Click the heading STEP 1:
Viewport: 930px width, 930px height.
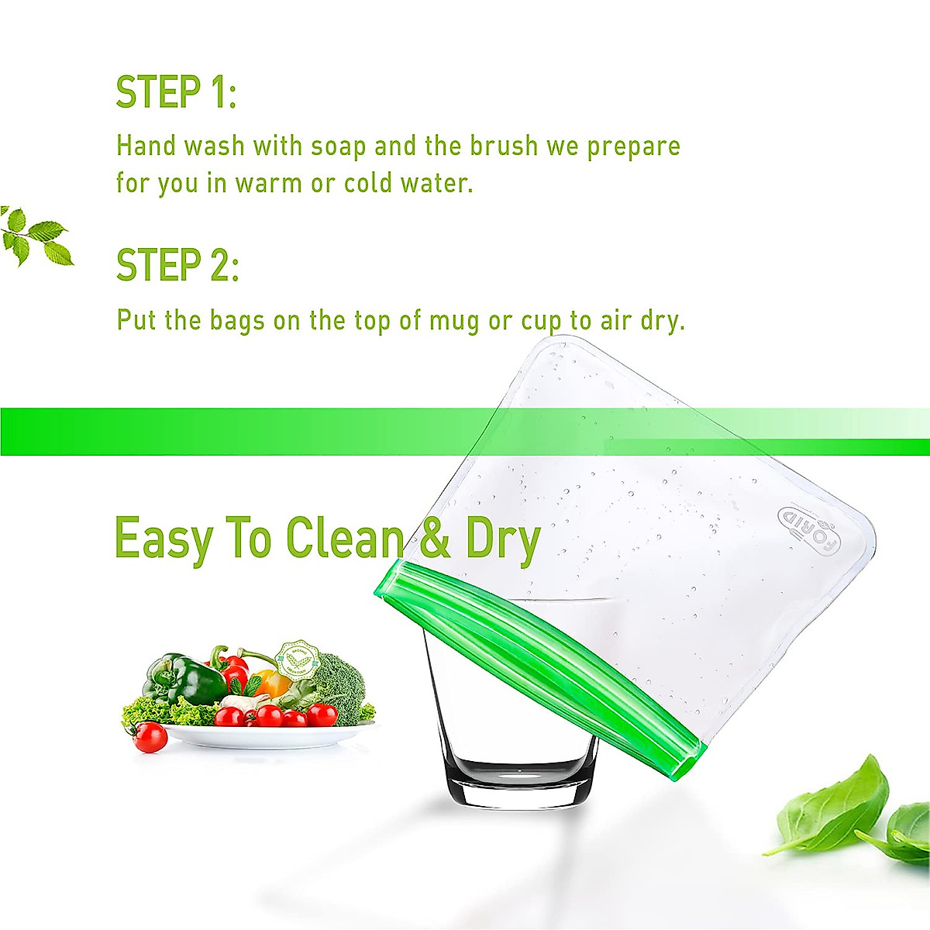click(176, 92)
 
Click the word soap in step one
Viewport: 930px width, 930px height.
click(339, 146)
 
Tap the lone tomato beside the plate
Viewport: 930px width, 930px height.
click(150, 737)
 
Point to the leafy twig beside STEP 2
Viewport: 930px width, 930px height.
click(36, 236)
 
